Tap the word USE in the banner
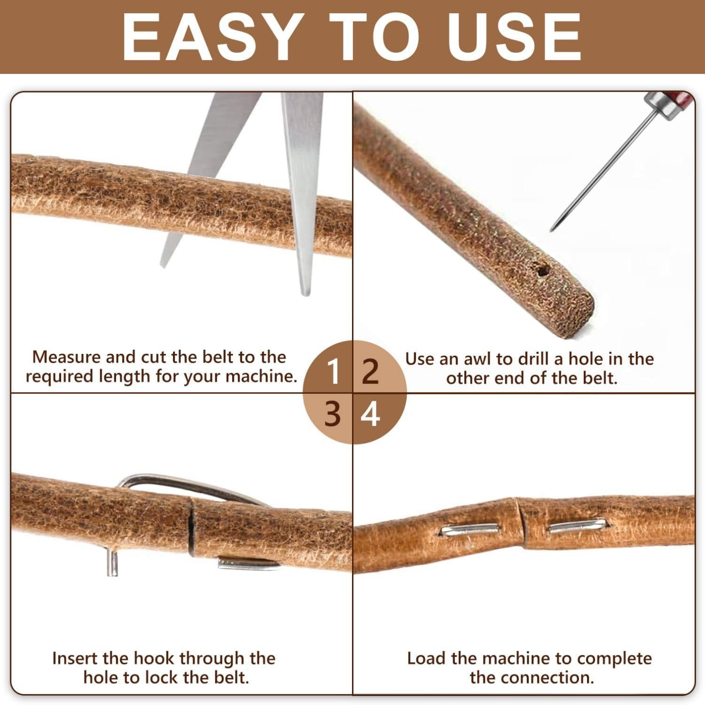(515, 37)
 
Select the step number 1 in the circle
(333, 372)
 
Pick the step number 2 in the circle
(371, 372)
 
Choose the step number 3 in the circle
(333, 414)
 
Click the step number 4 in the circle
(371, 414)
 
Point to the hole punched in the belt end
(543, 271)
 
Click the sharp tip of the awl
(551, 230)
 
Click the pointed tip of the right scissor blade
(306, 294)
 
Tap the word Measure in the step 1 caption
(66, 357)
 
